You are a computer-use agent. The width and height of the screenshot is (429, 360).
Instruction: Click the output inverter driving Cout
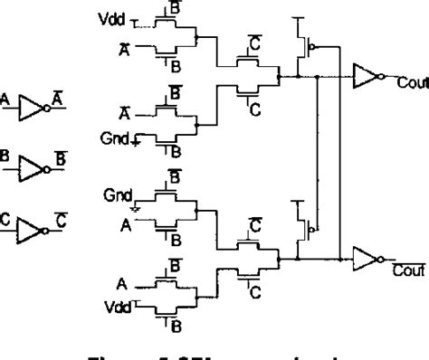(x=367, y=78)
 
